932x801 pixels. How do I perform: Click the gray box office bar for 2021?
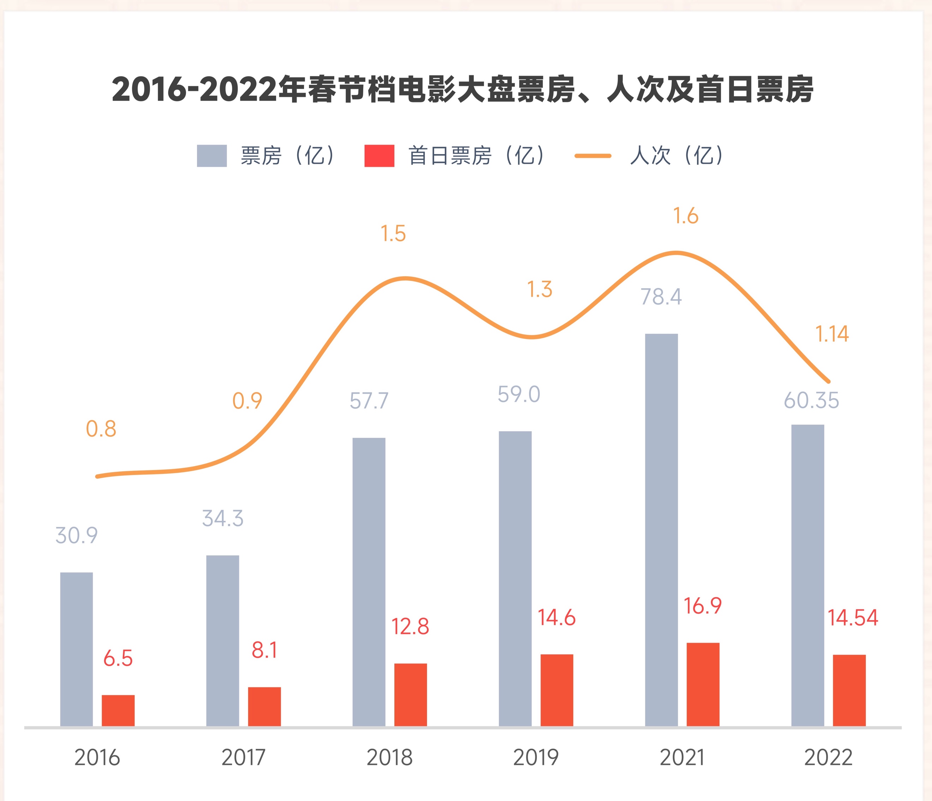pyautogui.click(x=661, y=531)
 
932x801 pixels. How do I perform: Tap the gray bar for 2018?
pyautogui.click(x=369, y=583)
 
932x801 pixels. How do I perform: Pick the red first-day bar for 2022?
pyautogui.click(x=849, y=691)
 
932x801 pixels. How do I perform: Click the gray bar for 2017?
pyautogui.click(x=223, y=642)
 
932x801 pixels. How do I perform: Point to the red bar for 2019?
pyautogui.click(x=557, y=691)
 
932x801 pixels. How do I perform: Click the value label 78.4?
pyautogui.click(x=661, y=297)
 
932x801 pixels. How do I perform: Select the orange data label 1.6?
pyautogui.click(x=686, y=216)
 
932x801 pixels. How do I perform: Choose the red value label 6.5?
pyautogui.click(x=118, y=658)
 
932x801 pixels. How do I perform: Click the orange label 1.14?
pyautogui.click(x=832, y=334)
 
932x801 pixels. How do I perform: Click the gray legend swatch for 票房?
pyautogui.click(x=212, y=156)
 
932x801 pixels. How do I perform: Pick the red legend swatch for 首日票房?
pyautogui.click(x=379, y=156)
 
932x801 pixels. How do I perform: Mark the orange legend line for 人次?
pyautogui.click(x=593, y=156)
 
